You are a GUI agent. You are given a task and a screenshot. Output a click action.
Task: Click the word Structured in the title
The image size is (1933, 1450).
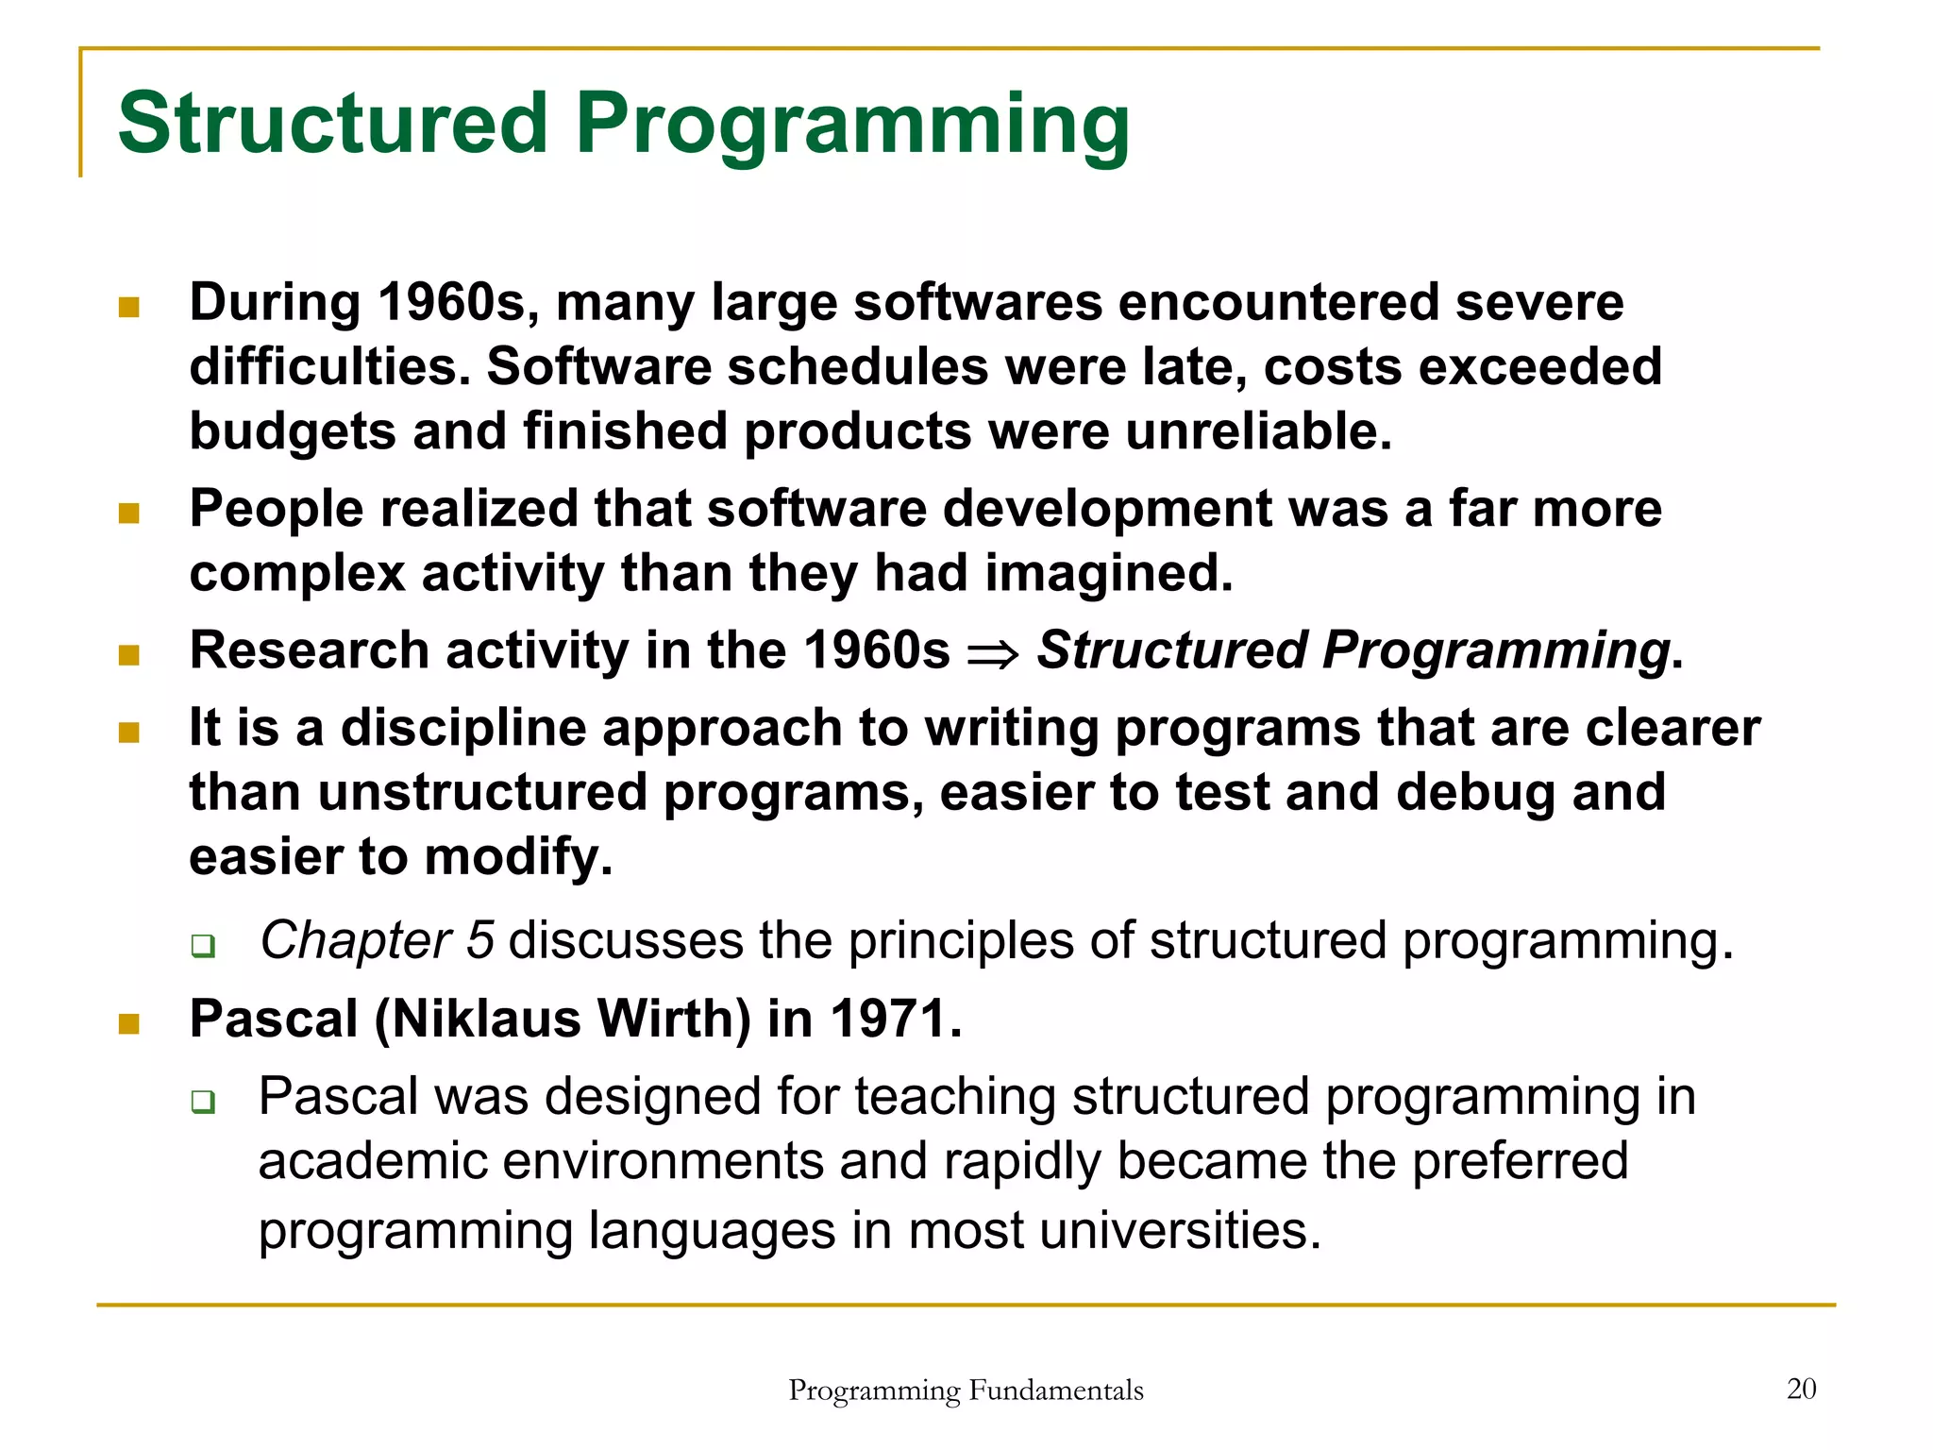(x=332, y=123)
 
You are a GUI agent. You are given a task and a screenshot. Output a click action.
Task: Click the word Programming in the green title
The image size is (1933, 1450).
(x=852, y=125)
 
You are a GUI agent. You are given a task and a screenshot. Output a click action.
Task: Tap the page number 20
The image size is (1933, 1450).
(x=1801, y=1389)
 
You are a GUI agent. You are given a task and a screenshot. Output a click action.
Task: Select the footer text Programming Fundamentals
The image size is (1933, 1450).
(x=966, y=1391)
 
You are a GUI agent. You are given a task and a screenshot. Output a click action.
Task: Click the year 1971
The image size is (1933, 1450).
(x=896, y=1020)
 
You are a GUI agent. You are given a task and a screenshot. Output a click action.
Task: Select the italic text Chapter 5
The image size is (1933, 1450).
(x=377, y=940)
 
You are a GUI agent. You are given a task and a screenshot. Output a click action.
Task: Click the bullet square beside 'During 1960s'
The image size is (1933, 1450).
(x=129, y=308)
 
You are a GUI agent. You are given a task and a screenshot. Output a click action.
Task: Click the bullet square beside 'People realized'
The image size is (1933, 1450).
(x=129, y=514)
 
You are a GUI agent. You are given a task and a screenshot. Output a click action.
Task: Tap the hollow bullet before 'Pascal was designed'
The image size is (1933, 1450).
(x=202, y=1101)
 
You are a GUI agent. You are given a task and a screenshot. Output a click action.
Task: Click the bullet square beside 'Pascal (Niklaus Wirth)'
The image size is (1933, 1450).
(x=129, y=1024)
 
